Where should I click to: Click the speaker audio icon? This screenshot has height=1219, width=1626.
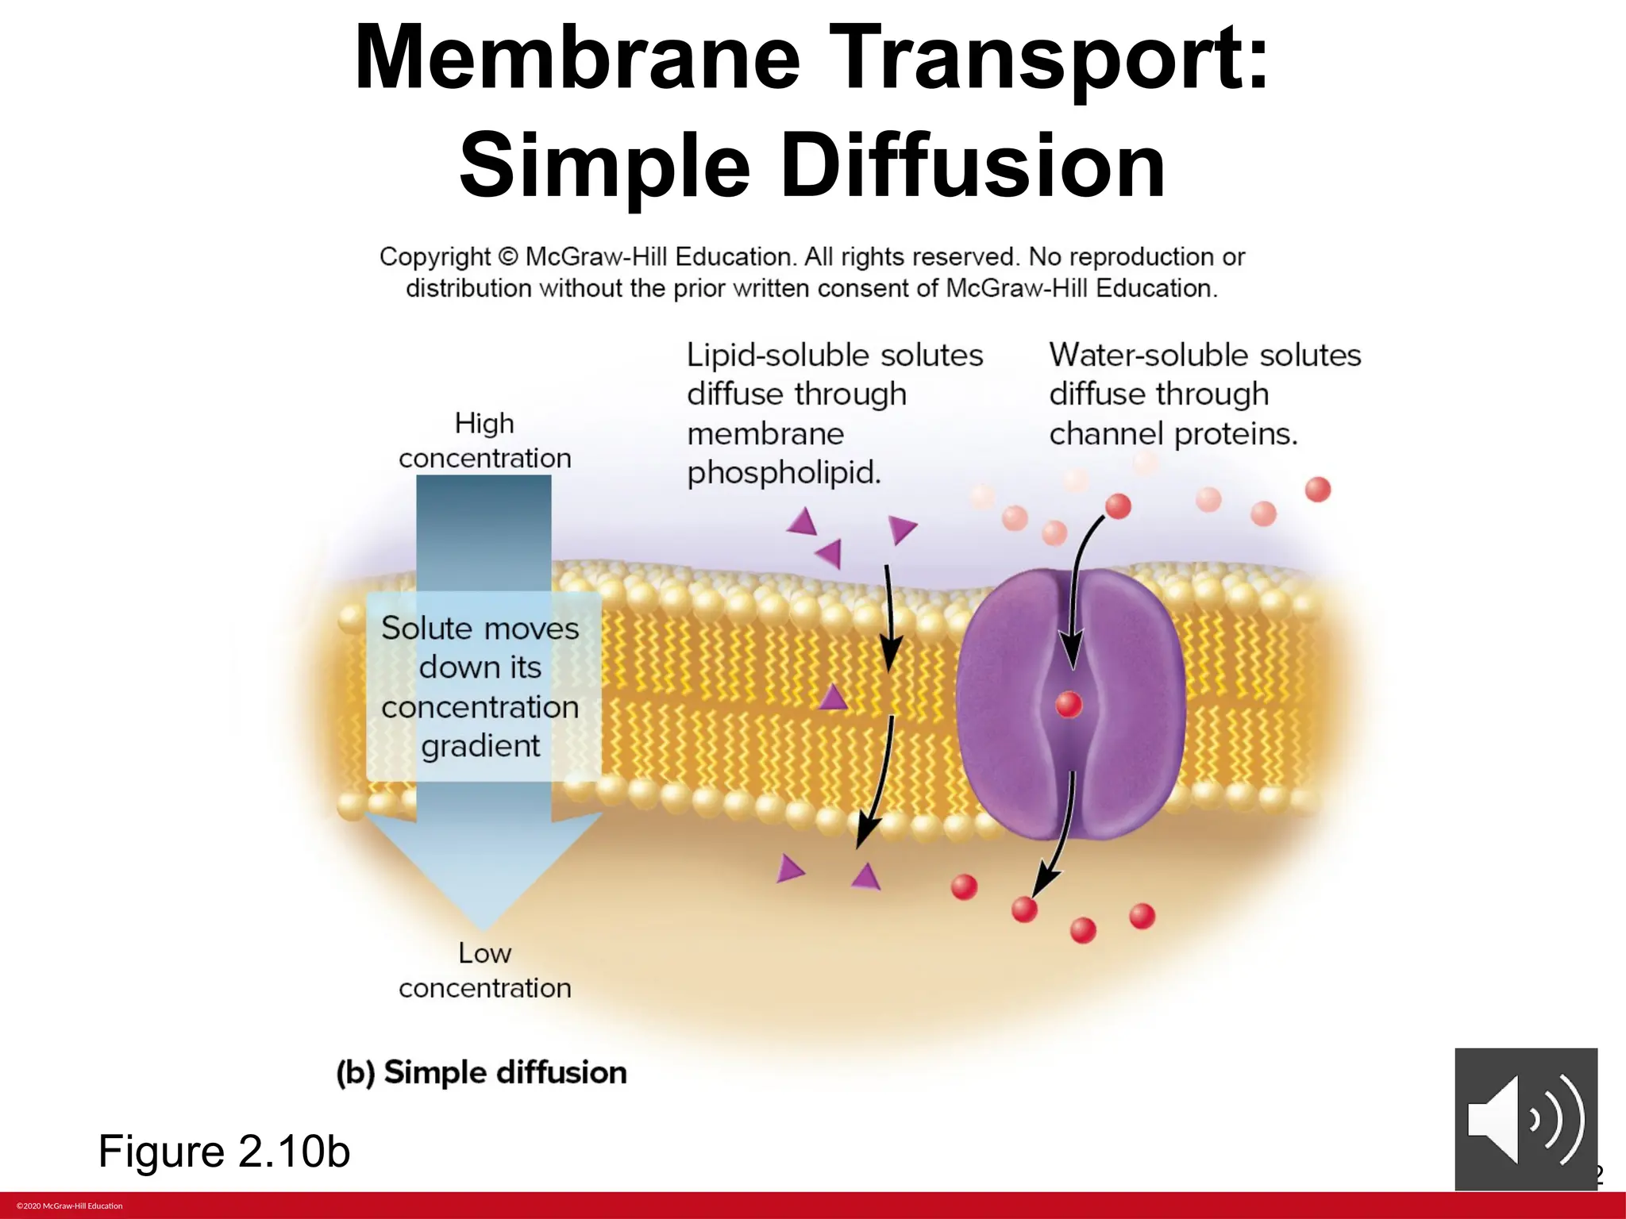pyautogui.click(x=1525, y=1119)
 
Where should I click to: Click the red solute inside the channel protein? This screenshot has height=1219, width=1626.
pyautogui.click(x=1069, y=704)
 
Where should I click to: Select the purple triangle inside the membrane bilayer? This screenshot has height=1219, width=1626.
pyautogui.click(x=833, y=698)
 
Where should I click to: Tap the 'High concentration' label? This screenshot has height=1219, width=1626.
pyautogui.click(x=484, y=440)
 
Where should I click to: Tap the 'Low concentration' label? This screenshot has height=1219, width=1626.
pyautogui.click(x=484, y=970)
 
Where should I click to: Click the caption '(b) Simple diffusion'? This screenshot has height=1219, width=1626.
pyautogui.click(x=481, y=1072)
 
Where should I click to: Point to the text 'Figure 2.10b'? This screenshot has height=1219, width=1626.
pyautogui.click(x=224, y=1151)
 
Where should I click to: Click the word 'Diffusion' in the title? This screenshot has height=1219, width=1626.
pyautogui.click(x=973, y=167)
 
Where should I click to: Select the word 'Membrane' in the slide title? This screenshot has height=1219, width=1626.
pyautogui.click(x=577, y=59)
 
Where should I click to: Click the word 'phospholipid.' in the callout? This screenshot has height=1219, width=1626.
pyautogui.click(x=784, y=473)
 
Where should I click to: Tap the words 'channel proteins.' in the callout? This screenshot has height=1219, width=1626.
pyautogui.click(x=1173, y=434)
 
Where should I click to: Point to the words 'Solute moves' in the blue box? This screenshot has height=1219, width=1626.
pyautogui.click(x=480, y=629)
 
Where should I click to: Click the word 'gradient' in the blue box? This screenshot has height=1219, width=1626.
pyautogui.click(x=480, y=746)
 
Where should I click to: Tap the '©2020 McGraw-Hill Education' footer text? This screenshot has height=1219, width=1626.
pyautogui.click(x=70, y=1206)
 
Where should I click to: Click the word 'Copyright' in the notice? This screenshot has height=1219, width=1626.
pyautogui.click(x=434, y=257)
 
